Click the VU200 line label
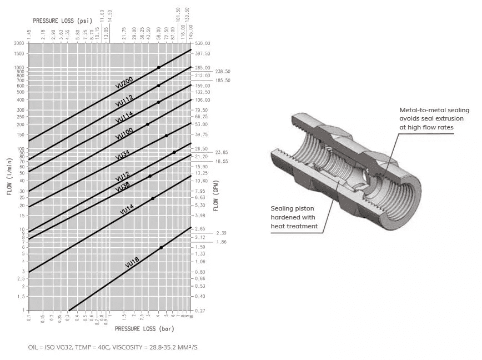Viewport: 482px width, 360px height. pyautogui.click(x=124, y=83)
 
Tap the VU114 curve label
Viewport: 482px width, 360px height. pyautogui.click(x=124, y=117)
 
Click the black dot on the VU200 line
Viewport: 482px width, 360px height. pyautogui.click(x=158, y=67)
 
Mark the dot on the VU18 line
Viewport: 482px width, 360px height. pyautogui.click(x=161, y=247)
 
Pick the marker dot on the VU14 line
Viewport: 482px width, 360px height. pyautogui.click(x=153, y=198)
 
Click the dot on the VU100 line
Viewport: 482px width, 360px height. pyautogui.click(x=148, y=124)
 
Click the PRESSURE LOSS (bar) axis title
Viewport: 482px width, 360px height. pyautogui.click(x=144, y=329)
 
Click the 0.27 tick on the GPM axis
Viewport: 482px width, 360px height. pyautogui.click(x=200, y=311)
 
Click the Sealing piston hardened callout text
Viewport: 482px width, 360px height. pyautogui.click(x=294, y=216)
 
